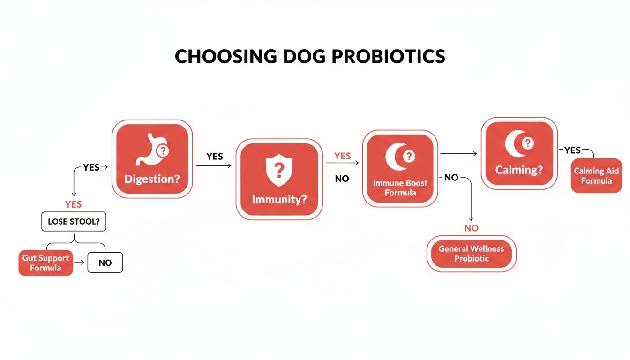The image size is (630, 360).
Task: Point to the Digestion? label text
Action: tap(151, 179)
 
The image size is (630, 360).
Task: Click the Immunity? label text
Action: tap(279, 199)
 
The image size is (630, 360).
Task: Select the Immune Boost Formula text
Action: tap(400, 187)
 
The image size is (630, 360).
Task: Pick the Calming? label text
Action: tap(519, 169)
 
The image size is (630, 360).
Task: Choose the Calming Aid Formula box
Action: tap(596, 175)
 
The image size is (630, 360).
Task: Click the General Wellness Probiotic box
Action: tap(471, 254)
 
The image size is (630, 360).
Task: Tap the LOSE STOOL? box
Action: tap(74, 222)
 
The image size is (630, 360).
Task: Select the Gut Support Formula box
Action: tap(46, 262)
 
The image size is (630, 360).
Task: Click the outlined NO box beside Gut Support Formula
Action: tap(105, 262)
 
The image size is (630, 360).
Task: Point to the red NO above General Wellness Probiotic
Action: tap(472, 228)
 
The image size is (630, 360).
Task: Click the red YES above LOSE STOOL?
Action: tap(73, 204)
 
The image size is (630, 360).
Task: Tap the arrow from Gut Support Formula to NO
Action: tap(80, 262)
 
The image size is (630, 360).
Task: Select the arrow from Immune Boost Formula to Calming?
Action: tap(458, 153)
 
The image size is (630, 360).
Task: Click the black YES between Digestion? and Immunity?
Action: tap(215, 156)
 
